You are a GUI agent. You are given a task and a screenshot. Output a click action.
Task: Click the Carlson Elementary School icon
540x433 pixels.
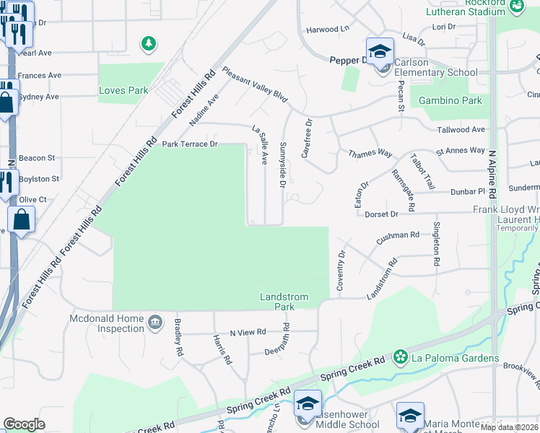tap(380, 52)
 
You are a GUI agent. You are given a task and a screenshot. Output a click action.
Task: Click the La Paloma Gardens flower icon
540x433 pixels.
tap(401, 357)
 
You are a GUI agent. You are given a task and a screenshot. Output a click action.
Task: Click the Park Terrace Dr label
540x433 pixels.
tap(190, 144)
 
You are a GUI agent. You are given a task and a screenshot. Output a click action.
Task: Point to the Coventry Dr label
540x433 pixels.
tap(341, 271)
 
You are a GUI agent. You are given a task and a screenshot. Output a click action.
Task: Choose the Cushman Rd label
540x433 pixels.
tap(398, 235)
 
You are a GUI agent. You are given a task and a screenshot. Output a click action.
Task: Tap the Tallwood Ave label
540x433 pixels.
tap(461, 130)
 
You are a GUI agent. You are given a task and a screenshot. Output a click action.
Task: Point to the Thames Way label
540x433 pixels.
tap(370, 154)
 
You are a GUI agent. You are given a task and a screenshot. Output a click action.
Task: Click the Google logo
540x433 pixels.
tap(24, 424)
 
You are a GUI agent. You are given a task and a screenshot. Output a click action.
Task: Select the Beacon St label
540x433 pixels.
tap(37, 157)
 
